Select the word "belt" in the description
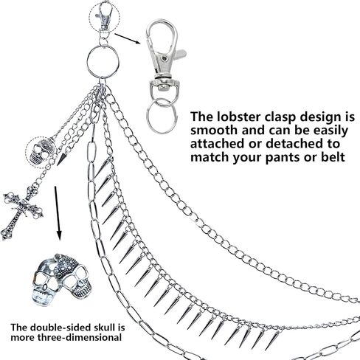(333, 156)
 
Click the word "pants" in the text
(283, 158)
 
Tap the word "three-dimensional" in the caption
(79, 337)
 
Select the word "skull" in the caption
(103, 328)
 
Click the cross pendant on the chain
(22, 212)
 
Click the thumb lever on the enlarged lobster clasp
(180, 53)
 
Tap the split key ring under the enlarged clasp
(162, 115)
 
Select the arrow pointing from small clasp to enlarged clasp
(128, 38)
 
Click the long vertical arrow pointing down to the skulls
(58, 213)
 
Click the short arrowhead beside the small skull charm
(61, 158)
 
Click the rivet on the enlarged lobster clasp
(164, 58)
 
